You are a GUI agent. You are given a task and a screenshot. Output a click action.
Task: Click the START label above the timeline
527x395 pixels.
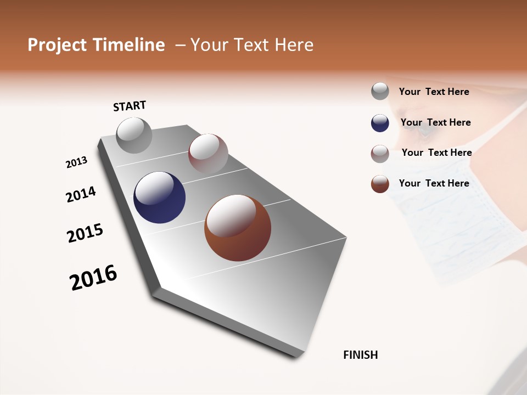[130, 106]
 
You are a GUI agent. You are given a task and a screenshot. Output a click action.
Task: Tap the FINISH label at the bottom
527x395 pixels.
[361, 355]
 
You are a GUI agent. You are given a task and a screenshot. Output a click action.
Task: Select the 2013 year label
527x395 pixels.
[76, 162]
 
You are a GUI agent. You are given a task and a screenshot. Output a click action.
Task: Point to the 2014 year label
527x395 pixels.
[81, 195]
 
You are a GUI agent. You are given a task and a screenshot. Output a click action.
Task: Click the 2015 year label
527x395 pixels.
[85, 233]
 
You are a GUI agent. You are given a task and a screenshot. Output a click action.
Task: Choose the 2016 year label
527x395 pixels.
[93, 278]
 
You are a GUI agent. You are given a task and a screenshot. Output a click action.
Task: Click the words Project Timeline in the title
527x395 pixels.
[96, 45]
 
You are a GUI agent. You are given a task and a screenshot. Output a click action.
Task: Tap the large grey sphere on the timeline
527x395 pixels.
[134, 135]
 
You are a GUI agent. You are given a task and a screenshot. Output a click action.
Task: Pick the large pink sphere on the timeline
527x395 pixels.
[208, 154]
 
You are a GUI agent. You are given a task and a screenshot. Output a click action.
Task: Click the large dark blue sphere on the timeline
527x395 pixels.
[159, 198]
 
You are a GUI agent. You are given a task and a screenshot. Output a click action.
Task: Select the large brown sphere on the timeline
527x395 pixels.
[238, 228]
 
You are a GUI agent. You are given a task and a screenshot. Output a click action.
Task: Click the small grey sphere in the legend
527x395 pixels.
[380, 92]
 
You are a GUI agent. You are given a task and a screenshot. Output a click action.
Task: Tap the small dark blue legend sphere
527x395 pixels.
[380, 123]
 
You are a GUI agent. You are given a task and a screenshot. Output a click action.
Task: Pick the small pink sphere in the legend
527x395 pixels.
[380, 154]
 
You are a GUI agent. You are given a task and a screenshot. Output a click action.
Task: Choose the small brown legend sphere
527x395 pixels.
[380, 184]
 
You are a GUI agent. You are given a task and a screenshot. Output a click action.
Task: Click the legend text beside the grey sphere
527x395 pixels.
[434, 92]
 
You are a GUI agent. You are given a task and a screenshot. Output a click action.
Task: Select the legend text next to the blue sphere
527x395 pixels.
[435, 122]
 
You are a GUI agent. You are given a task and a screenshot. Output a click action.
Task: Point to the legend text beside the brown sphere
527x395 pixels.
[434, 183]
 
